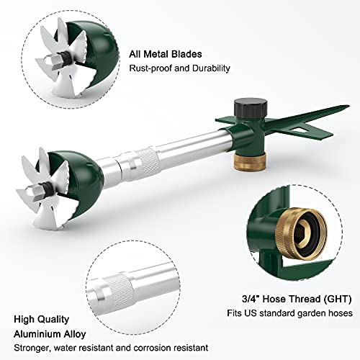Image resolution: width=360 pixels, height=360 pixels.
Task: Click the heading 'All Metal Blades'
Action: tap(165, 53)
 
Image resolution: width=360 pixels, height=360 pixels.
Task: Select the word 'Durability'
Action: tap(210, 69)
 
